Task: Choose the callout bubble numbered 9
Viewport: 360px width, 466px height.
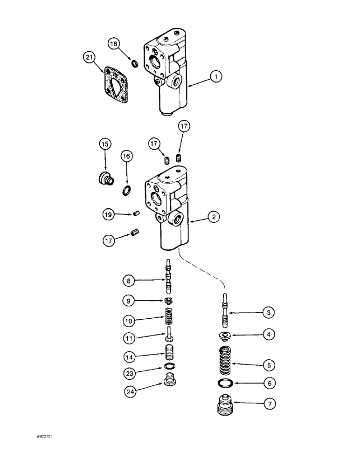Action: click(131, 301)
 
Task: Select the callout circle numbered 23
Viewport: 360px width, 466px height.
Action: click(131, 373)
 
